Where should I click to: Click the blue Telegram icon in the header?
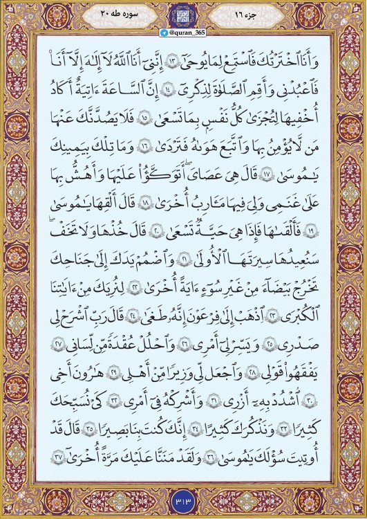(163, 33)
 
